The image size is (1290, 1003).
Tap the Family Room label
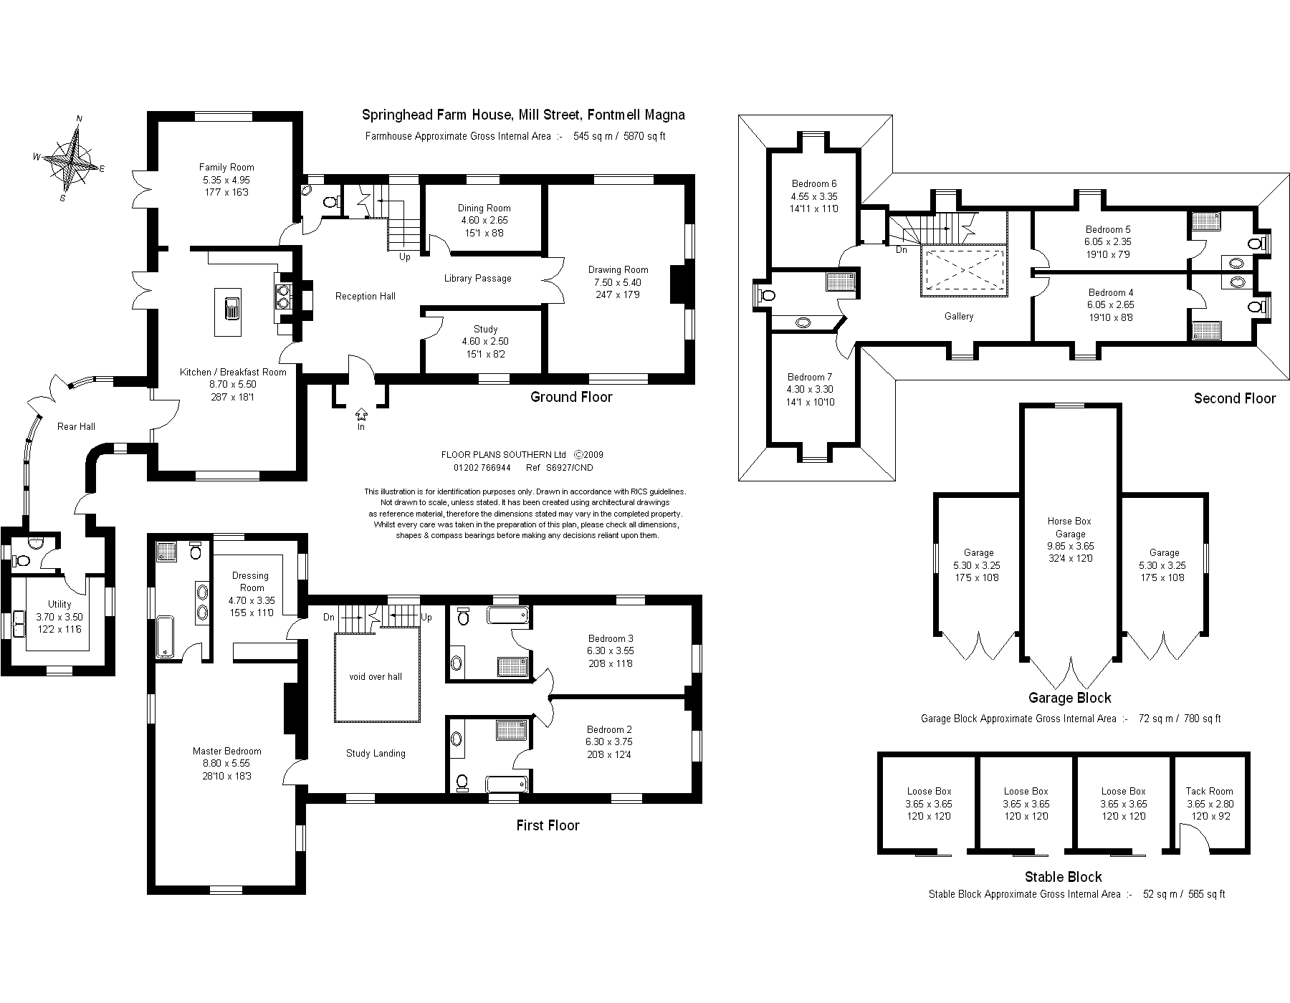coord(226,167)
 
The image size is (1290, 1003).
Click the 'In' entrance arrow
coord(360,415)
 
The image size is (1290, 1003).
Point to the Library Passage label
coord(477,278)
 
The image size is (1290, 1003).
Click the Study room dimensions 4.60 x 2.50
coord(485,342)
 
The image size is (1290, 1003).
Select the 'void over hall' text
coord(376,676)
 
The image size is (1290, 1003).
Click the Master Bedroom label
coord(226,751)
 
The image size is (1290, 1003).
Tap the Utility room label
coord(59,604)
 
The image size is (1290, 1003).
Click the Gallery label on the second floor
coord(958,316)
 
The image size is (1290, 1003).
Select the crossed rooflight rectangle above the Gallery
coord(964,270)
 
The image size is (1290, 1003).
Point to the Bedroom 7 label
coord(810,377)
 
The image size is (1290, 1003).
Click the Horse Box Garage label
coord(1069,527)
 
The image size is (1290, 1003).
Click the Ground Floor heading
coord(571,397)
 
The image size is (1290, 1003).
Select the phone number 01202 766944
coord(482,468)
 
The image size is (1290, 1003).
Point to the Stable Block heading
coord(1063,877)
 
